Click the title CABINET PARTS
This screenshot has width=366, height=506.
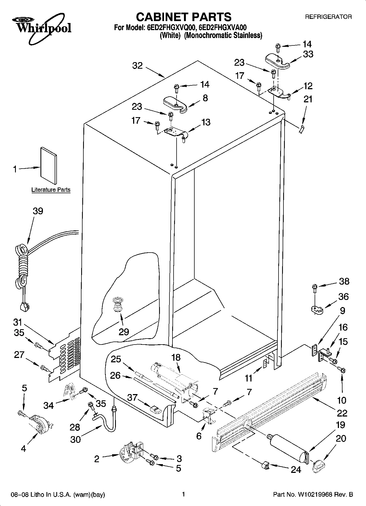point(184,17)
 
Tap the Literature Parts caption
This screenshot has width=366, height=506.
point(51,190)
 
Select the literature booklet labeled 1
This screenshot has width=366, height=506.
point(49,166)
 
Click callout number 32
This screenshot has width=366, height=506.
point(137,66)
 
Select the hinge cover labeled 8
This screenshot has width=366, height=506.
point(175,104)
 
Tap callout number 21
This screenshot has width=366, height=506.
point(308,99)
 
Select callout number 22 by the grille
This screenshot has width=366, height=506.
point(342,413)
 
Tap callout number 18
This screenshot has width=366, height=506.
point(176,358)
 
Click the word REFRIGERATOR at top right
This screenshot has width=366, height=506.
point(328,17)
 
